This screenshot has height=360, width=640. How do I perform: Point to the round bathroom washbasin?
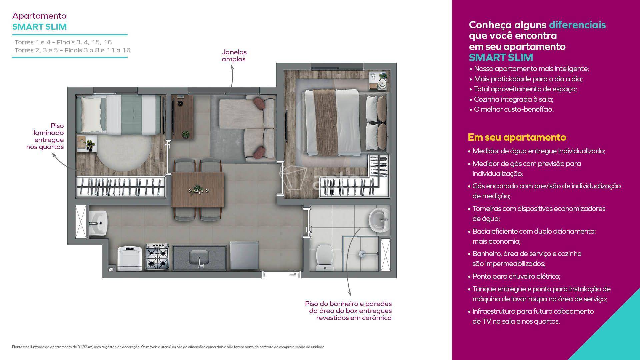point(379,220)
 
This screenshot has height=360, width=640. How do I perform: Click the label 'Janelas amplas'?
point(234,56)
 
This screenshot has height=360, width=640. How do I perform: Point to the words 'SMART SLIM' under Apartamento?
point(39,27)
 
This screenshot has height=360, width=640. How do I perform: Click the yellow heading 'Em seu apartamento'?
point(517,137)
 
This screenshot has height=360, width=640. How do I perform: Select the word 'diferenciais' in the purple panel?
point(577,25)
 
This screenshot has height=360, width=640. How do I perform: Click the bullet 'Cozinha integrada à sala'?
point(511,99)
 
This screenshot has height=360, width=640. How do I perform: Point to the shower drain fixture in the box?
point(362,254)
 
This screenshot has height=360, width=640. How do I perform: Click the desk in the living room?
point(182,117)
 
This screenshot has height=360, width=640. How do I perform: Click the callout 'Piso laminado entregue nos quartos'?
point(45,136)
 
